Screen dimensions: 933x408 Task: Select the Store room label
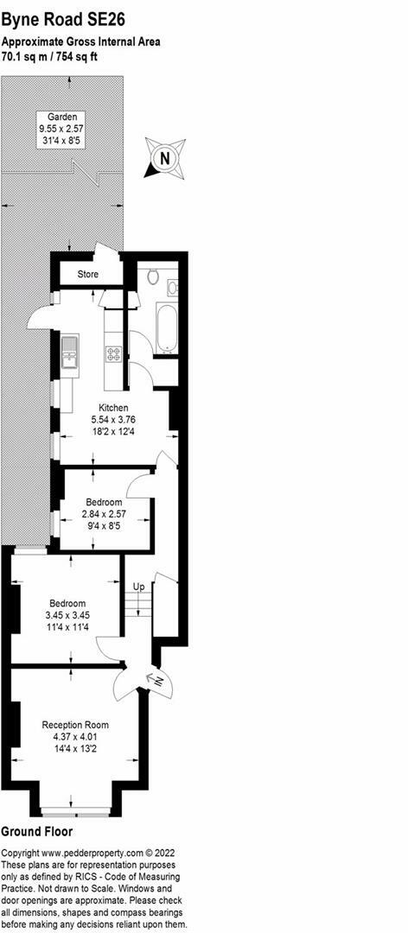[88, 275]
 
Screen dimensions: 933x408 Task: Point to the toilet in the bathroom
[153, 276]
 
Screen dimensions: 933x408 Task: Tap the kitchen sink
[71, 355]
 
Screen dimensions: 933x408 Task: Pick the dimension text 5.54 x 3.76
[113, 420]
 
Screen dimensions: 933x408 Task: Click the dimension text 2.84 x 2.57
[104, 513]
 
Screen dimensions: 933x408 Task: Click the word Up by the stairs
[138, 587]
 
